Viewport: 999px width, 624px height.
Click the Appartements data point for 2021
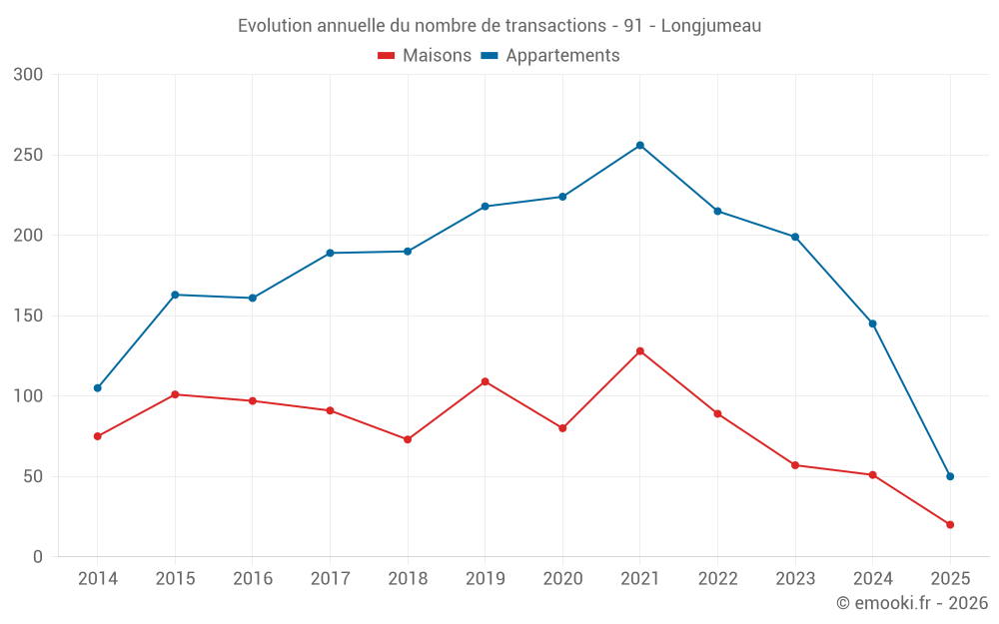click(640, 146)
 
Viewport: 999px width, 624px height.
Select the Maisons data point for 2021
click(640, 351)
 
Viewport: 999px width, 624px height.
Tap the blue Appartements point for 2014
click(98, 388)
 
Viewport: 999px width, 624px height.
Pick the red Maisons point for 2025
click(950, 525)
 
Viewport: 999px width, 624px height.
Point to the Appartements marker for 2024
click(873, 323)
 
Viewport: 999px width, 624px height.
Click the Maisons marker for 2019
click(486, 381)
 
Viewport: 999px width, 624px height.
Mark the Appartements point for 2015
click(175, 295)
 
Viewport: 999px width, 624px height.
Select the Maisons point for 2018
click(408, 439)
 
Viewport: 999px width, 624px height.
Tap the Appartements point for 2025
click(950, 476)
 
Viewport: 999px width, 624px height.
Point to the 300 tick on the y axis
click(29, 75)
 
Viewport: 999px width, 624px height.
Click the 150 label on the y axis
click(29, 316)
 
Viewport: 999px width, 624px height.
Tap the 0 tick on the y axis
click(38, 557)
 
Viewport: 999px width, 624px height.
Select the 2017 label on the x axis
click(330, 579)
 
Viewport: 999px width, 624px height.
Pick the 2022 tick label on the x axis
click(717, 579)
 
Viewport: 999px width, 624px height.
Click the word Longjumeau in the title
click(711, 26)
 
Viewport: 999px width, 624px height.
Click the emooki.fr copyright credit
click(912, 603)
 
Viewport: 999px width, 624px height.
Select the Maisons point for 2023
click(795, 465)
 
